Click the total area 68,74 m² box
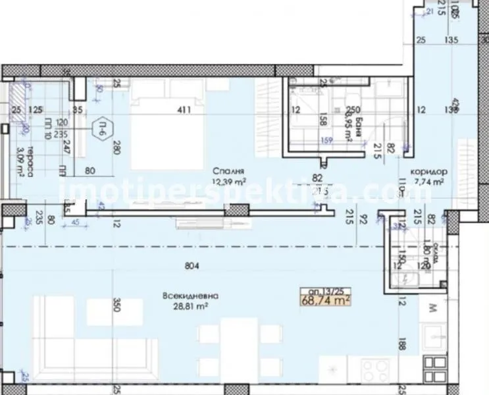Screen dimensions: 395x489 click(324, 300)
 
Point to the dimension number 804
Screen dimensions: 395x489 click(192, 267)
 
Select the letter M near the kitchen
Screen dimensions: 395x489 click(432, 308)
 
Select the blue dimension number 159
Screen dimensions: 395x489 click(326, 139)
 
